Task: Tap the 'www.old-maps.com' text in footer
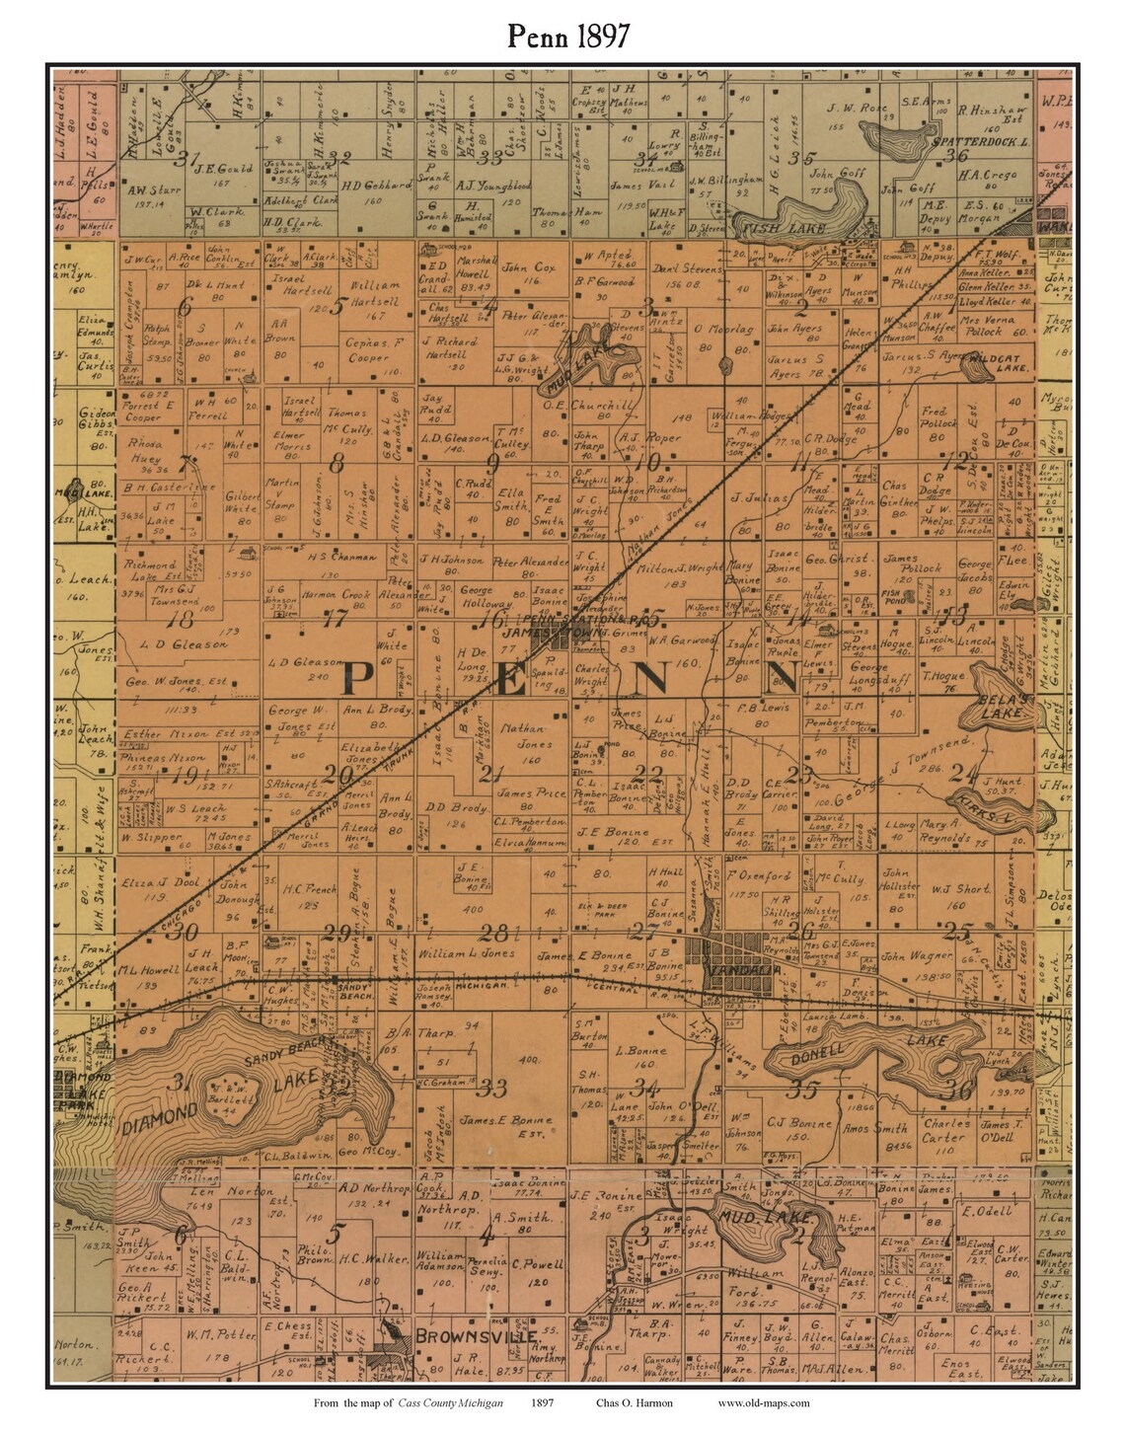763,1402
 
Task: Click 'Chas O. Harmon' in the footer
634,1402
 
